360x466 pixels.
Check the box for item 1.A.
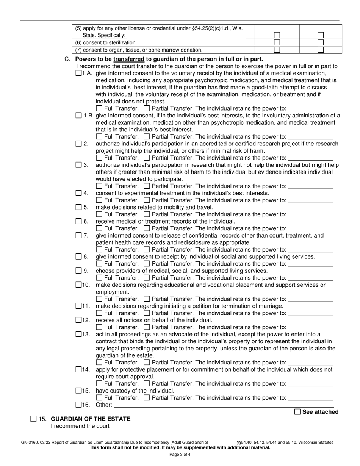pos(78,73)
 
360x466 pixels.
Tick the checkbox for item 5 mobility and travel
pos(78,207)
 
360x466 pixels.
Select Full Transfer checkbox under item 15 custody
pos(99,398)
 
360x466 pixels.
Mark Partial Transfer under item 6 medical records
pos(147,228)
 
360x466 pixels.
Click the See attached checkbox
pos(297,412)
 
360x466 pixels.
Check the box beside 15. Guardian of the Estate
pos(33,419)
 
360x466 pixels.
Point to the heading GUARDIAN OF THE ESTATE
pos(91,419)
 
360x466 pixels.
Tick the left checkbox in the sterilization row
pos(277,42)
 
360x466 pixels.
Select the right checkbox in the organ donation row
pos(321,50)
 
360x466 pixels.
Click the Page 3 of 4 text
pos(180,455)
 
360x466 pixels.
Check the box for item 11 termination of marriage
pos(78,306)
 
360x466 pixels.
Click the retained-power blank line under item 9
pos(311,278)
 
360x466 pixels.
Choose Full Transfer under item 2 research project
pos(99,158)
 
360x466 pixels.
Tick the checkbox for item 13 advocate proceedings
pos(78,334)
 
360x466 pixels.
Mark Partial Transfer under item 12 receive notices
pos(147,327)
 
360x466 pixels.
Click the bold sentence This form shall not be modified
pos(180,447)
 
